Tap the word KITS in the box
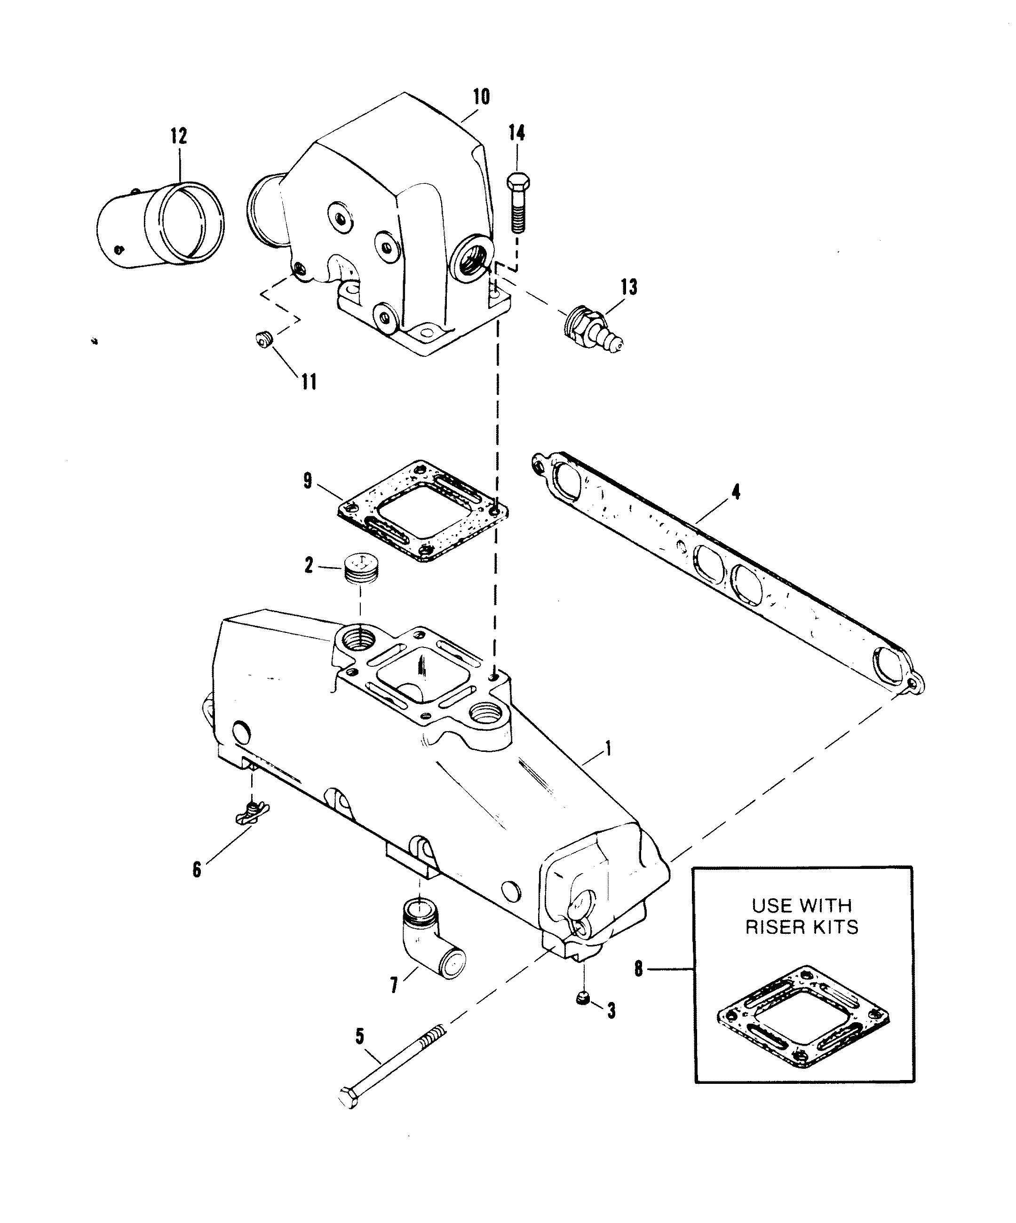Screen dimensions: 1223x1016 click(x=831, y=927)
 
